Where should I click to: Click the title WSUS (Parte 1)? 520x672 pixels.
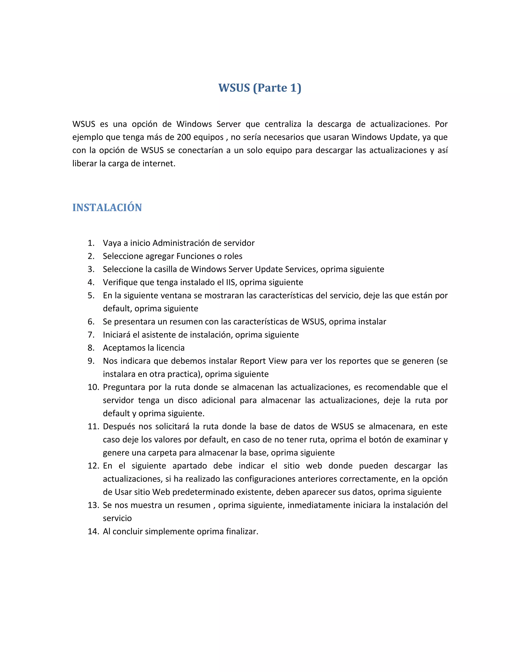tap(260, 88)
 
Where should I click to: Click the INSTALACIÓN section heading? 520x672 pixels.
tap(107, 208)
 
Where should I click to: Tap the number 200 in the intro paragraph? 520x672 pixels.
tap(184, 137)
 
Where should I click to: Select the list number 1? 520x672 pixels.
tap(91, 243)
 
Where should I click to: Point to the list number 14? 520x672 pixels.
tap(93, 531)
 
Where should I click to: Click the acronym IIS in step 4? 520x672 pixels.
tap(231, 282)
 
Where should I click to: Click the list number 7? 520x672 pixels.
tap(91, 335)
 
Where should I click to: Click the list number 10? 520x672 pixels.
tap(93, 387)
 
